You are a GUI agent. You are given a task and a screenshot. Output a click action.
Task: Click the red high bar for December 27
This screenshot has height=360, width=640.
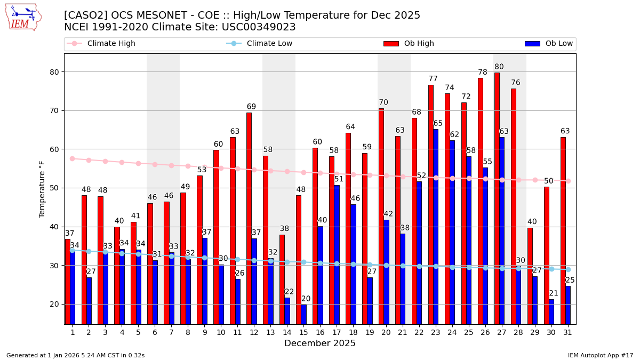[497, 197]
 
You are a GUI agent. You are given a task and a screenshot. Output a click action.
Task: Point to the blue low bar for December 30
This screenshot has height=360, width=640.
[551, 311]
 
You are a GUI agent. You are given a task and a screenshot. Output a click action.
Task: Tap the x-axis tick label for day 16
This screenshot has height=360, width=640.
[320, 332]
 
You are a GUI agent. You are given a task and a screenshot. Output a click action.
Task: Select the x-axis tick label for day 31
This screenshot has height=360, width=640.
[568, 332]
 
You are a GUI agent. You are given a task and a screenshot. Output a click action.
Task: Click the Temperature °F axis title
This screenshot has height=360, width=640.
[42, 189]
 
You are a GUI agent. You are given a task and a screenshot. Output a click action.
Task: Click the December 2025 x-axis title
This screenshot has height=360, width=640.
[320, 343]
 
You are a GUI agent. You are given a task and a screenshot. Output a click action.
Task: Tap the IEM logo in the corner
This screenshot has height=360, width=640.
[23, 17]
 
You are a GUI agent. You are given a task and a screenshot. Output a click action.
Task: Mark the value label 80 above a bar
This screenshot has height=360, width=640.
[499, 67]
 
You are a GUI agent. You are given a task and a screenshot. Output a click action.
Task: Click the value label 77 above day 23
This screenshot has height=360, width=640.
[433, 79]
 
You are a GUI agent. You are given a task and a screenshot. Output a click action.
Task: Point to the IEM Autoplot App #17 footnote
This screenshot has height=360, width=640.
[601, 355]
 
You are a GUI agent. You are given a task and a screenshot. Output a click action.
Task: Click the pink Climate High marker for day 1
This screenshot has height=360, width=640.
[72, 158]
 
